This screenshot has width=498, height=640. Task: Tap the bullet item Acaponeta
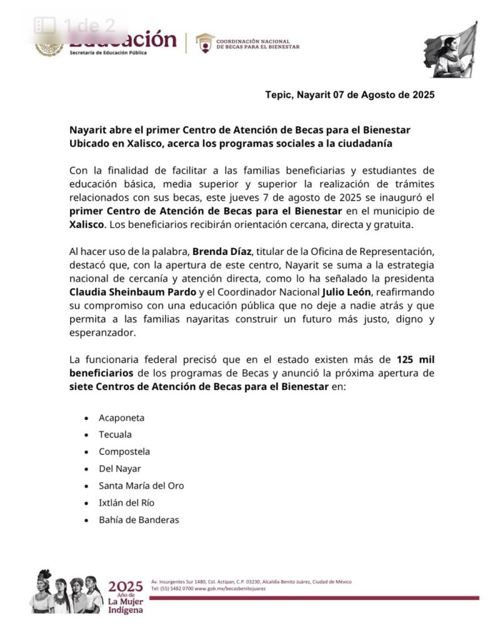click(121, 417)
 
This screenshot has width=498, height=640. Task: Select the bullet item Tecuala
click(115, 434)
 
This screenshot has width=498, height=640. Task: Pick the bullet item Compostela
click(124, 451)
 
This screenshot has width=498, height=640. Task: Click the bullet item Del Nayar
click(119, 468)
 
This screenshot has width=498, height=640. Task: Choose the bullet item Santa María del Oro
click(141, 486)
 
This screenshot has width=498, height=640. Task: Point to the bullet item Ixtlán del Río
click(126, 502)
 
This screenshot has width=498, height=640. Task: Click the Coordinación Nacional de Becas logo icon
click(204, 42)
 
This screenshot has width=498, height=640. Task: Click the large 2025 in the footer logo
click(126, 586)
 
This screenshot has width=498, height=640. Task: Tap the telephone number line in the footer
click(208, 589)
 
